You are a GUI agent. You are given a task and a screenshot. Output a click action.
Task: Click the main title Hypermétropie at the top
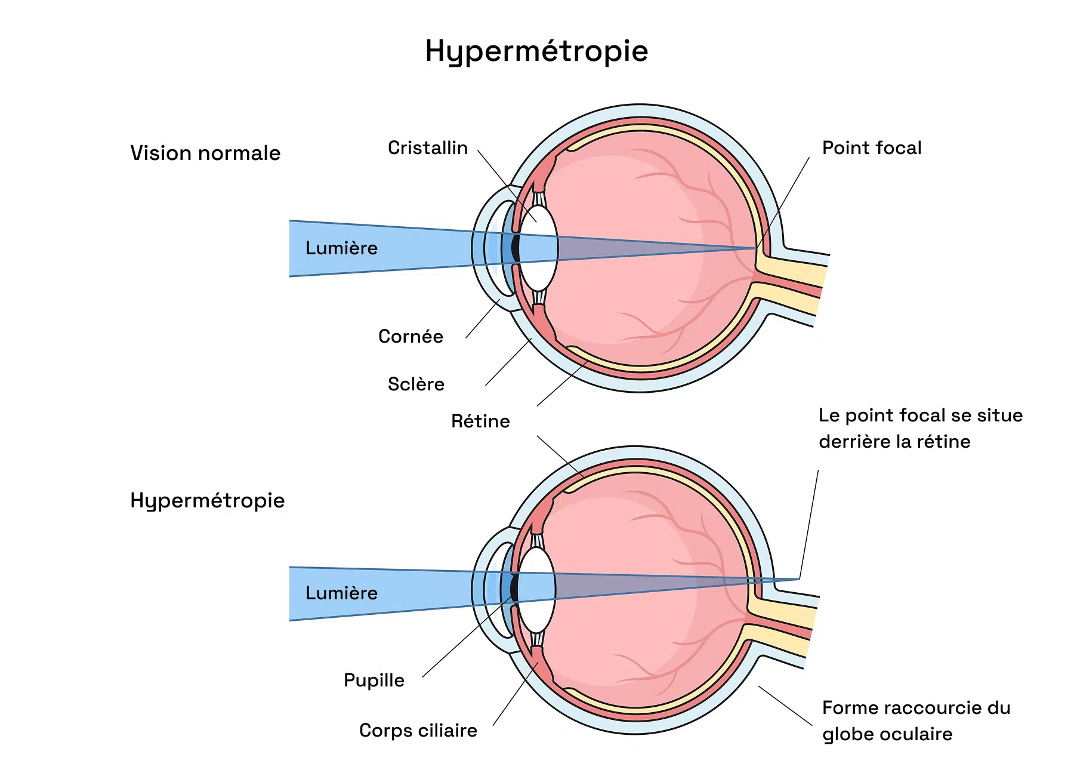536,51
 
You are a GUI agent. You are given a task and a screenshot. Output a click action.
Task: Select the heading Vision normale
205,153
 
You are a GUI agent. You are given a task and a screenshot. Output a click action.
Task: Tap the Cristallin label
428,147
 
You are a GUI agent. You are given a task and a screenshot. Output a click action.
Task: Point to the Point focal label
872,147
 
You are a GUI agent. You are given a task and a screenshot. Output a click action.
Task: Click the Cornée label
411,336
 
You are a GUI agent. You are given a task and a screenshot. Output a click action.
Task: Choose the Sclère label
416,384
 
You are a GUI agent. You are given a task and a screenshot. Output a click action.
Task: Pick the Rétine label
480,421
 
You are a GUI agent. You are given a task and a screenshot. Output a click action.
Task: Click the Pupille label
374,680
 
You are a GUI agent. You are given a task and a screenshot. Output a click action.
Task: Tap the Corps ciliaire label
418,730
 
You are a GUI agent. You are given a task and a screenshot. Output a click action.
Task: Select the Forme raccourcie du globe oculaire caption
916,720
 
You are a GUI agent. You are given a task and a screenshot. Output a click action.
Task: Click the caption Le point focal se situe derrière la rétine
921,428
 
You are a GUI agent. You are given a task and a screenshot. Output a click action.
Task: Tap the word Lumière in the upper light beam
341,248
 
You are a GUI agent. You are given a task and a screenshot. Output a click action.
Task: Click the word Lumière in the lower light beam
341,593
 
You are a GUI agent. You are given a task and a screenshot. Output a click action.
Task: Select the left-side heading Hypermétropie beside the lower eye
207,501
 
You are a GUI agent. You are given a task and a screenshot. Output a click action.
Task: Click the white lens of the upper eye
538,249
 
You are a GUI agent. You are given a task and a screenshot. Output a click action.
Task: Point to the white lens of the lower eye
536,590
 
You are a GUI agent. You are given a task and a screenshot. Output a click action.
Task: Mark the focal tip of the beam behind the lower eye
799,579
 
